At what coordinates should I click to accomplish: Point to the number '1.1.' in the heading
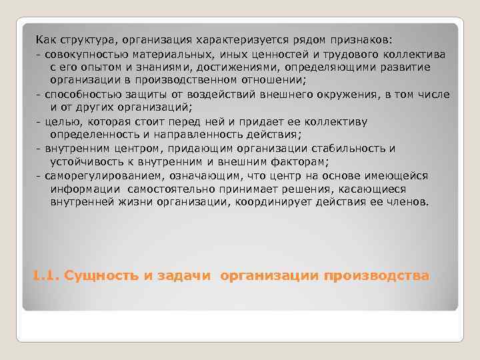tap(45, 275)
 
